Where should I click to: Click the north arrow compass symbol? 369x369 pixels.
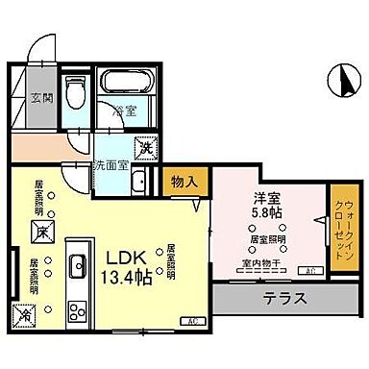coord(338,80)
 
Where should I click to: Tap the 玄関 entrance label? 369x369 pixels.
coord(40,97)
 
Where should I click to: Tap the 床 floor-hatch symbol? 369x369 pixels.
coord(41,231)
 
